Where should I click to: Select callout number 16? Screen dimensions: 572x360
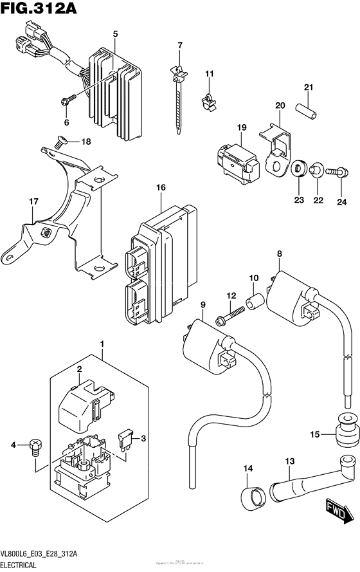pos(160,187)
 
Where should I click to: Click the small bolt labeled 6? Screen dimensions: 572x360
pos(66,100)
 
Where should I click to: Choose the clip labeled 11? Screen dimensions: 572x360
pos(208,99)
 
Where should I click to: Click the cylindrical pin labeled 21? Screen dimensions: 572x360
pos(308,110)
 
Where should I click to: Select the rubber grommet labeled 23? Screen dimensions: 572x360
pos(299,169)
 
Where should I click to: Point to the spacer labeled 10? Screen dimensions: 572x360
pos(254,301)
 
